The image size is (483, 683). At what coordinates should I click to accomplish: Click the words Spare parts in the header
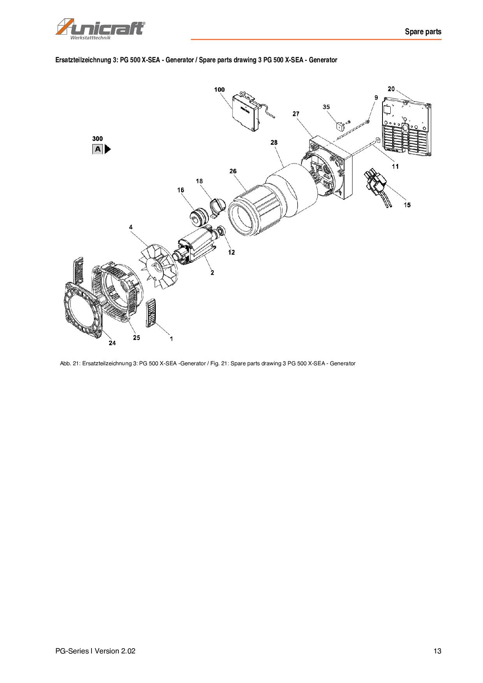pos(423,32)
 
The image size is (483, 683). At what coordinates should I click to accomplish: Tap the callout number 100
pos(219,90)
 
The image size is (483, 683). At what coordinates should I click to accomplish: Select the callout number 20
pos(391,89)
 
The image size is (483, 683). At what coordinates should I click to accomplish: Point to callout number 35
pos(326,107)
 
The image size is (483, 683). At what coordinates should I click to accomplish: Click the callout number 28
pos(274,143)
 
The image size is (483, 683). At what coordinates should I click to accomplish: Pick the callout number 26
pos(233,171)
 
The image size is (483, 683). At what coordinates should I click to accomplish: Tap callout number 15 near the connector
pos(407,205)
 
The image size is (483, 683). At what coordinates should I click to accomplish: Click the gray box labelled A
pos(97,149)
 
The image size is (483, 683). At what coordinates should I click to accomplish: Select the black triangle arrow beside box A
pos(108,149)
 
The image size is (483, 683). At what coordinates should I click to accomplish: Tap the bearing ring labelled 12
pos(221,231)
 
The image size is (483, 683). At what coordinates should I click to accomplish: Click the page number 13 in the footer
pos(437,651)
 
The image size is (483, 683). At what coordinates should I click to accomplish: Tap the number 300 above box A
pos(97,139)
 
